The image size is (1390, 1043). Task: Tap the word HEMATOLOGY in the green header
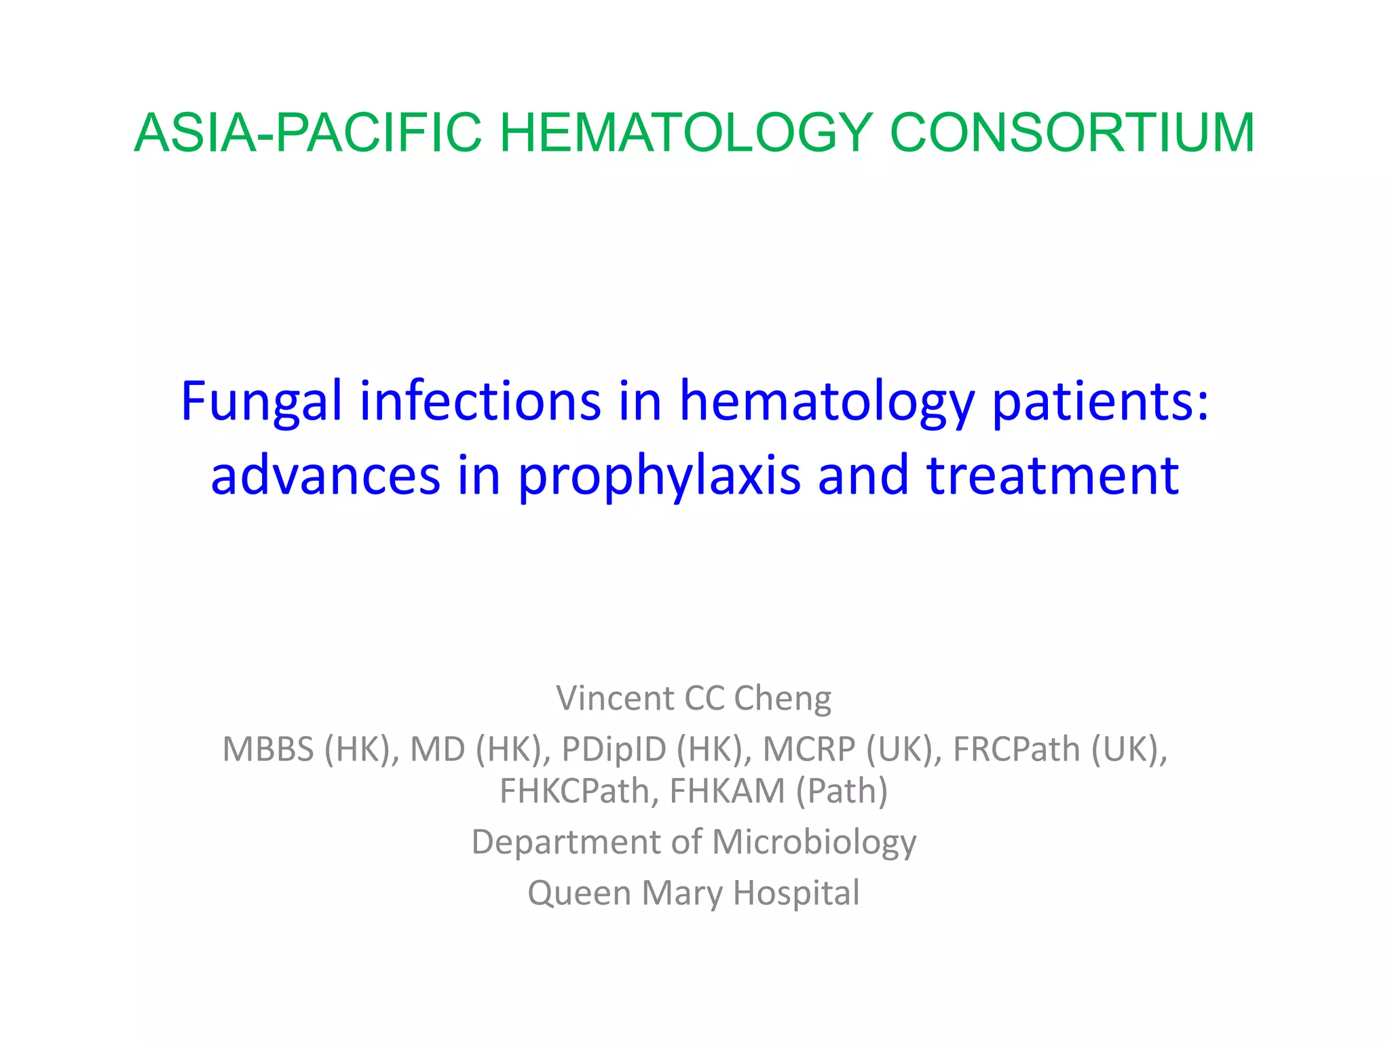tap(685, 133)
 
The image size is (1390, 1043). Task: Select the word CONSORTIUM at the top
tap(1072, 133)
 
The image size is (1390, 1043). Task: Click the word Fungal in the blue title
tap(261, 402)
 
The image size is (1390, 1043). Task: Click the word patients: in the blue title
tap(1100, 402)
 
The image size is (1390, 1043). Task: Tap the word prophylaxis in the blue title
tap(659, 477)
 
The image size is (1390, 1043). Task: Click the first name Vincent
tap(615, 698)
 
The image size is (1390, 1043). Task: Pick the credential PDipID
tap(614, 750)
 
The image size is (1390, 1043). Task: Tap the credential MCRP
tap(808, 750)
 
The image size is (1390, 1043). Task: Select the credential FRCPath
tap(1016, 750)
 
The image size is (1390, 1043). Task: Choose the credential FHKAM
tap(727, 791)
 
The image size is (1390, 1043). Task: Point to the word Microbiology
tap(814, 843)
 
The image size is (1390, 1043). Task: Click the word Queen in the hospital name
tap(578, 894)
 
